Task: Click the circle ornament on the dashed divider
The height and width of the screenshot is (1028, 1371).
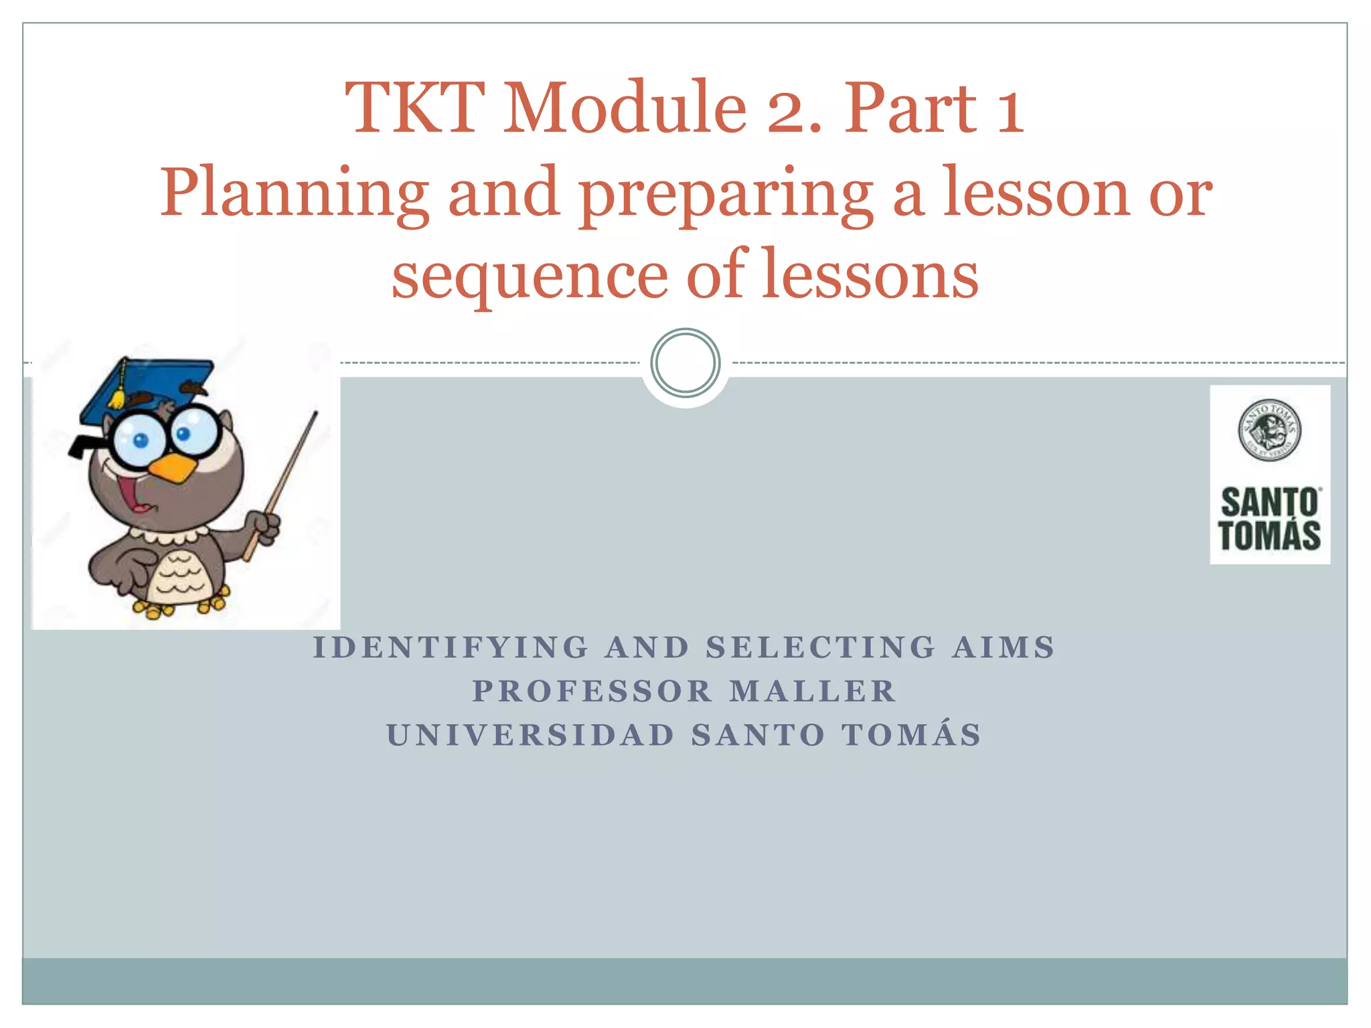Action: [x=685, y=363]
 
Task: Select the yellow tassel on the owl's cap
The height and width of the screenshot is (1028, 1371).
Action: [x=118, y=395]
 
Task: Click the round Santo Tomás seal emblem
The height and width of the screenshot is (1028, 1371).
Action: [x=1269, y=430]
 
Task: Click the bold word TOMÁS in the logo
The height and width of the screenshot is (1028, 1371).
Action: [x=1269, y=535]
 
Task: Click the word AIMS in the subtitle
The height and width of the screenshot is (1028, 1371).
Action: [x=1003, y=648]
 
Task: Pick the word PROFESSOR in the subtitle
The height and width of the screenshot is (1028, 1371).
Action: [x=592, y=691]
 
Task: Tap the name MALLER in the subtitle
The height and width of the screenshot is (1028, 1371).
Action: [x=813, y=691]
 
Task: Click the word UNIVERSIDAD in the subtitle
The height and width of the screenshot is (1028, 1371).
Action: [x=531, y=735]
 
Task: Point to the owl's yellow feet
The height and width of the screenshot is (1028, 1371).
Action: [x=181, y=606]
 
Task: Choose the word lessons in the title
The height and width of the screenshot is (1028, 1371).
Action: [x=870, y=274]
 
